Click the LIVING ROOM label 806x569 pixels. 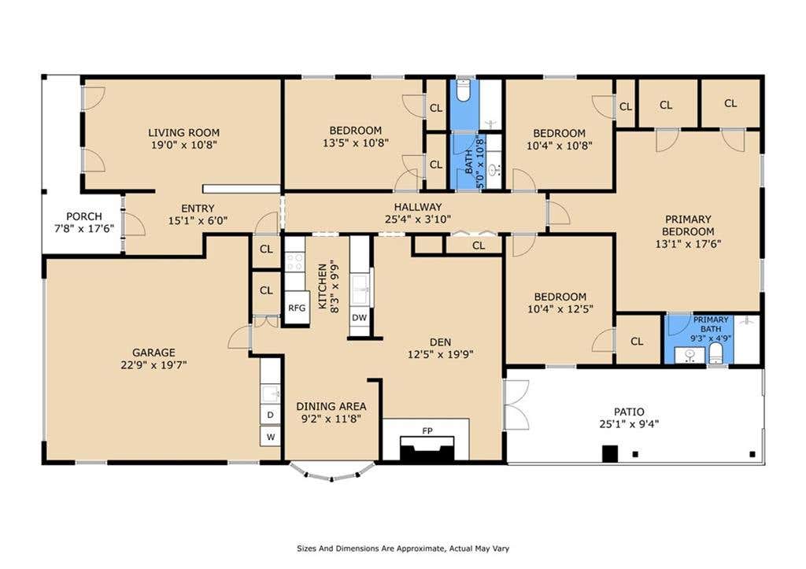tap(183, 133)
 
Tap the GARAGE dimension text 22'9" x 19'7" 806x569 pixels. tap(153, 365)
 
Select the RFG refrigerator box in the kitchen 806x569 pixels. tap(297, 308)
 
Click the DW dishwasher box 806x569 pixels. tap(360, 318)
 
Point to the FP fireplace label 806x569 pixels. tap(427, 430)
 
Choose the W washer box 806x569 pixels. tap(271, 437)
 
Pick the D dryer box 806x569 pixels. tap(271, 414)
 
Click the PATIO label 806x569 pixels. tap(629, 412)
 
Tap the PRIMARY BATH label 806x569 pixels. tap(711, 324)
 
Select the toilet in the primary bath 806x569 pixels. tap(715, 354)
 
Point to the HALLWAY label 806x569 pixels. tap(418, 207)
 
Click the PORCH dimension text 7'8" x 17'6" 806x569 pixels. tap(84, 229)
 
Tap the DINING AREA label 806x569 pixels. tap(331, 407)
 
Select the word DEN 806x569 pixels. tap(441, 342)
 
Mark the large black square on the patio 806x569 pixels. tap(610, 453)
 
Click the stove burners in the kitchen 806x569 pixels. tap(295, 261)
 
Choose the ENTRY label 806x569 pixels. tap(198, 209)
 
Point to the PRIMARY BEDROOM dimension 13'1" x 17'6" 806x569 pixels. tap(688, 244)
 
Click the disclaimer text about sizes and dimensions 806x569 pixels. tap(403, 549)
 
